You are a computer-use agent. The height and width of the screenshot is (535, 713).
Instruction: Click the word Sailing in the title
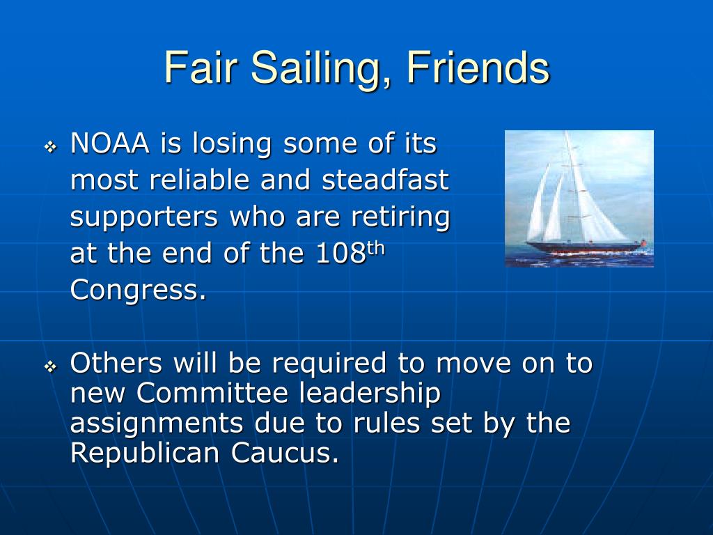tap(316, 68)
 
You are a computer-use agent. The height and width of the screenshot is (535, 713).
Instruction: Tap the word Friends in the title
tap(478, 68)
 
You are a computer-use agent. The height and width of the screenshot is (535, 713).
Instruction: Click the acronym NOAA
tap(110, 144)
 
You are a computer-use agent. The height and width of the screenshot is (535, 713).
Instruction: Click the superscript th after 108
tap(375, 249)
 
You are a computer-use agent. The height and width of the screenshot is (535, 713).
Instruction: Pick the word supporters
tap(144, 217)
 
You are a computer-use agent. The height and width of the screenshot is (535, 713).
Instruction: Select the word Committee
tap(212, 393)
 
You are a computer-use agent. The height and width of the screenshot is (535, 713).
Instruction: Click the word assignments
tap(157, 424)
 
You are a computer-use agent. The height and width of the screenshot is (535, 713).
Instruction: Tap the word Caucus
tap(285, 453)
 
